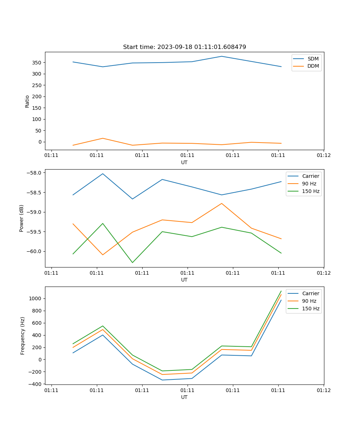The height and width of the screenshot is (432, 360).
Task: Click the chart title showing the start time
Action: point(184,47)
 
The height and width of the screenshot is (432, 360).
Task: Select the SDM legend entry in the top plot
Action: point(312,59)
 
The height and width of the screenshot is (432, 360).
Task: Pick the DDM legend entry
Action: point(313,66)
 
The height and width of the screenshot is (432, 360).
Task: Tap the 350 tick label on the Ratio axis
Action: point(37,63)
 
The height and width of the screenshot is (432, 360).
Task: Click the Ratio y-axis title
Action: point(27,101)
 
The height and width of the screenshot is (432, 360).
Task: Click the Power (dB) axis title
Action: point(22,218)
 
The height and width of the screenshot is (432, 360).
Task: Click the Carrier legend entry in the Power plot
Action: point(310,176)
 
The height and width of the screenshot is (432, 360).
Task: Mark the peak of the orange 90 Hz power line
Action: point(221,203)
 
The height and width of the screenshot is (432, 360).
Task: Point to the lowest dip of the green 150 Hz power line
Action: point(132,262)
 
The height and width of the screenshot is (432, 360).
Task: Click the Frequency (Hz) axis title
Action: point(23,336)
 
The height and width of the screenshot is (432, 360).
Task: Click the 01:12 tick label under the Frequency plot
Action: point(323,390)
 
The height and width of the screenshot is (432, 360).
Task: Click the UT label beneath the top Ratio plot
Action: point(184,162)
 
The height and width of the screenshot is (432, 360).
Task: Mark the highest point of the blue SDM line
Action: point(221,56)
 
